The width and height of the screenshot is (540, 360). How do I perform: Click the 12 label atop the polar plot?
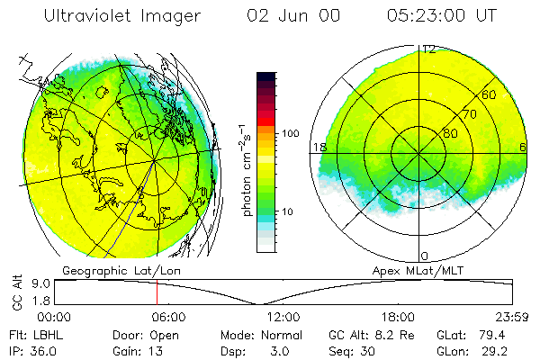pyautogui.click(x=429, y=49)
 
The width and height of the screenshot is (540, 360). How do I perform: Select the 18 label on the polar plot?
pyautogui.click(x=319, y=147)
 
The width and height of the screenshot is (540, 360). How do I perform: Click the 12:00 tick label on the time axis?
pyautogui.click(x=283, y=317)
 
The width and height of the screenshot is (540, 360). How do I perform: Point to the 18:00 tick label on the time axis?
pyautogui.click(x=398, y=317)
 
